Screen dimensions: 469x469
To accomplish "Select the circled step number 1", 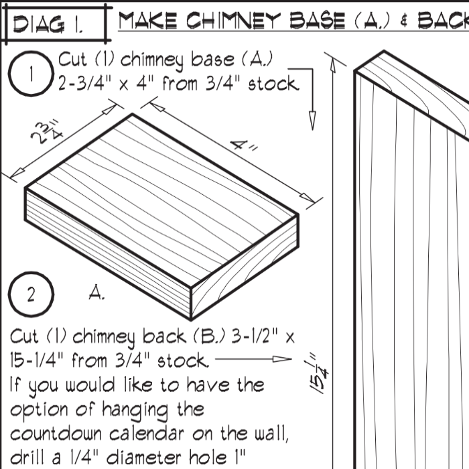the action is pos(31,74).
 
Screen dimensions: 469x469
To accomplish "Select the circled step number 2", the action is pos(31,294).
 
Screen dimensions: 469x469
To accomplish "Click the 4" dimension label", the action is pos(245,145).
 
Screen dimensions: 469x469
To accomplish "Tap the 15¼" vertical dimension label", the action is pos(318,373).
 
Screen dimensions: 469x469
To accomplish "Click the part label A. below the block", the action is pos(96,292).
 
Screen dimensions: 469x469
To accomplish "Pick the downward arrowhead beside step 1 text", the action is pos(312,121).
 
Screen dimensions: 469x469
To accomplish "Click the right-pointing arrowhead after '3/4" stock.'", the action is pos(282,358).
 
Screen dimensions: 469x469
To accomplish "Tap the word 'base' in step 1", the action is pos(212,59).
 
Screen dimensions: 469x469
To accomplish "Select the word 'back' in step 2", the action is pos(164,336).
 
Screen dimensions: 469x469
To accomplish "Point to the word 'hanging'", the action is pos(135,410).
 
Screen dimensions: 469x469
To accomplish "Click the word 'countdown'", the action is pos(56,433).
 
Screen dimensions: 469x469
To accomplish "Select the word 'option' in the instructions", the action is pos(39,410).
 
